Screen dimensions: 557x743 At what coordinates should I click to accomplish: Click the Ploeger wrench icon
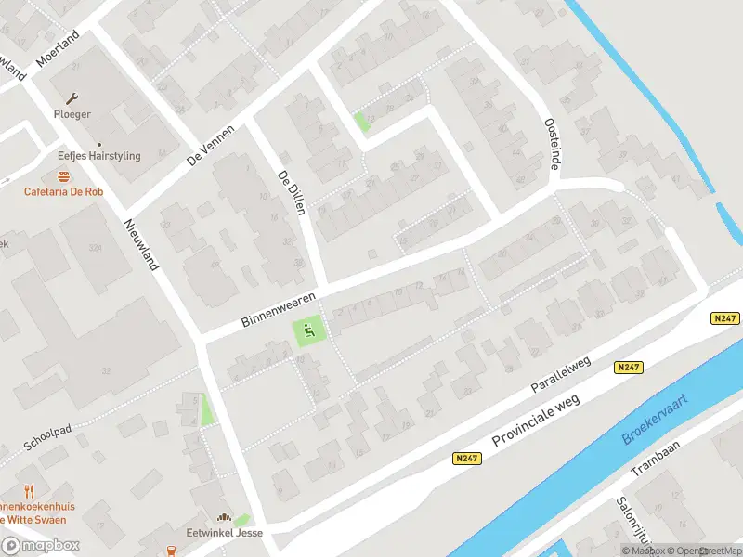click(72, 97)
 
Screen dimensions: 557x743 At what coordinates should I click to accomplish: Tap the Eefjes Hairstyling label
click(98, 156)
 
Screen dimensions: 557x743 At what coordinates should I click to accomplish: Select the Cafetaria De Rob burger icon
click(63, 175)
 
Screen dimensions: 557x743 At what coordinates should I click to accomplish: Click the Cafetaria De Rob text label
click(63, 192)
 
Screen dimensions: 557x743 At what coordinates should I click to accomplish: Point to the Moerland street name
click(59, 47)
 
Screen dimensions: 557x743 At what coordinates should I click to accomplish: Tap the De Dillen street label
click(292, 193)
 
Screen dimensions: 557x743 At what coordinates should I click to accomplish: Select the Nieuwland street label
click(142, 245)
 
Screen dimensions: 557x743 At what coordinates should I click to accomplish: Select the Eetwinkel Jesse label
click(224, 533)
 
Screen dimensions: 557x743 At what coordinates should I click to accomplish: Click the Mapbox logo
click(40, 546)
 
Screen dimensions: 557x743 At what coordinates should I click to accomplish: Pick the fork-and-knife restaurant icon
click(29, 491)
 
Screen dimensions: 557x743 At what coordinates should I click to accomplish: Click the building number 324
click(94, 248)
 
